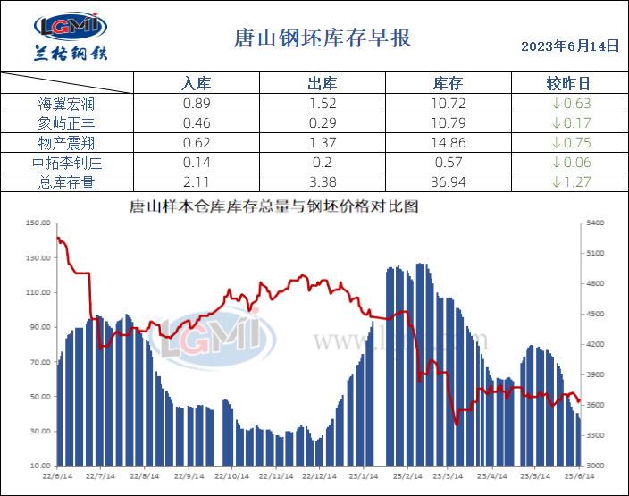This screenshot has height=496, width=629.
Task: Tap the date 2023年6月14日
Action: point(569,46)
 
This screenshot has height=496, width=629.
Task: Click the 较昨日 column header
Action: point(567,84)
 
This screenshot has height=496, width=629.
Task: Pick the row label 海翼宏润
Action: point(66,103)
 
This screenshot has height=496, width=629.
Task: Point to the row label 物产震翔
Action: point(66,142)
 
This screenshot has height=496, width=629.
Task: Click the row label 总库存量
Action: point(66,182)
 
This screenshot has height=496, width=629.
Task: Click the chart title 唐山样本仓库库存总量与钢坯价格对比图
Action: point(273,206)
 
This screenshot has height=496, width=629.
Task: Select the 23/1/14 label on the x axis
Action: point(362,476)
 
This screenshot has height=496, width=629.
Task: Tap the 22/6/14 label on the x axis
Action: point(57,476)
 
